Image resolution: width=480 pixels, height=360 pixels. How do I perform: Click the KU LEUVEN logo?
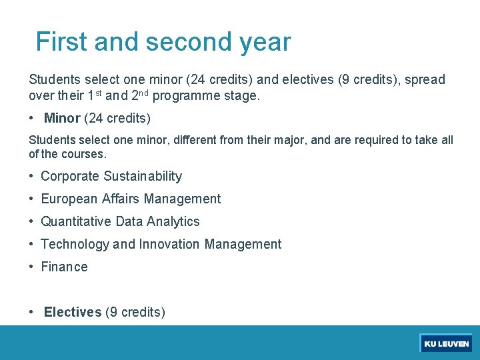click(446, 343)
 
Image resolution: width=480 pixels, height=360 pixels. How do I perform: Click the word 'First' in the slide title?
click(61, 42)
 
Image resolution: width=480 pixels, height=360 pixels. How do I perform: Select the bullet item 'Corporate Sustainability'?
click(111, 176)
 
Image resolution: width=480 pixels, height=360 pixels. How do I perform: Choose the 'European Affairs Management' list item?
click(131, 199)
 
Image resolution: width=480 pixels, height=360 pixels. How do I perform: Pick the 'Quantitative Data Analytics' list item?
click(120, 221)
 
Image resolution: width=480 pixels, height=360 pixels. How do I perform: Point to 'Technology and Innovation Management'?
click(161, 244)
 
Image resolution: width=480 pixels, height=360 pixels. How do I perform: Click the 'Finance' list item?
click(64, 267)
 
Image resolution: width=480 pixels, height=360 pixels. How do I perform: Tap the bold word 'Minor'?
click(62, 119)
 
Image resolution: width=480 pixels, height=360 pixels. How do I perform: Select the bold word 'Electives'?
click(73, 312)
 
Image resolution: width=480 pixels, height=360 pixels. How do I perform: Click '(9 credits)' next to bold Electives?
click(135, 312)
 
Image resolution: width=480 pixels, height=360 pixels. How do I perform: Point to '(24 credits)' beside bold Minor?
click(117, 119)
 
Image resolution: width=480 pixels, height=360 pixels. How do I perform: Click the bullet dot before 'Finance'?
click(32, 267)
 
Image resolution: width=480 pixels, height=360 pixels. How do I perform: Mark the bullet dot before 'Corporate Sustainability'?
click(32, 176)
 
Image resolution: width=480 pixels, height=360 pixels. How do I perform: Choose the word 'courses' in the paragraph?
click(83, 154)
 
